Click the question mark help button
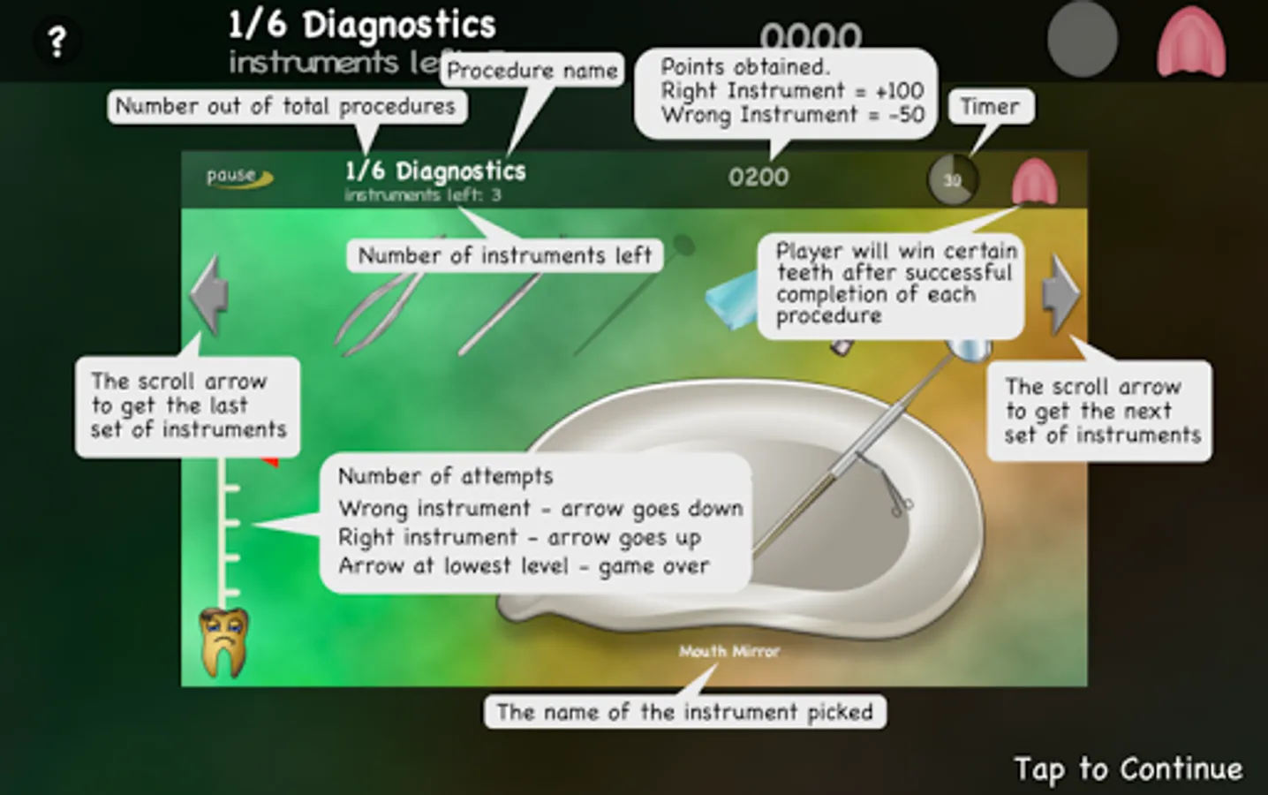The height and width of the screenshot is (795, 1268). tap(57, 41)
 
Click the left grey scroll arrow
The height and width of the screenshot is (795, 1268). tap(210, 295)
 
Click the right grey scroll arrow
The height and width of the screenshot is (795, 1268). tap(1060, 295)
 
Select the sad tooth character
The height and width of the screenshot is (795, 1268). tap(223, 641)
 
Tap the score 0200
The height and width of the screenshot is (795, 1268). tap(759, 178)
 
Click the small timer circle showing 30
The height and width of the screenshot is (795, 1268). tap(952, 180)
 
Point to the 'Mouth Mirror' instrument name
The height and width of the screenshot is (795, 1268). tap(728, 652)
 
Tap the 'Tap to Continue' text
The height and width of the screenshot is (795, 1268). tap(1128, 768)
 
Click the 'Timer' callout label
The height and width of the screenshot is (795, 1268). tap(990, 107)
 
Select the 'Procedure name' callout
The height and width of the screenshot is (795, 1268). tap(532, 71)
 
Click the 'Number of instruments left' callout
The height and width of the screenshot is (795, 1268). tap(504, 256)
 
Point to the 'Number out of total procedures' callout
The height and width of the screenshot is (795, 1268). tap(286, 107)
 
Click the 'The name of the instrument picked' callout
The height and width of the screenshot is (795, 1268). tap(684, 712)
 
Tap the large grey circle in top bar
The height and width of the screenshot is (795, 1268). tap(1082, 40)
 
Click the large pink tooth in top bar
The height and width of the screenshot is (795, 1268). tap(1191, 42)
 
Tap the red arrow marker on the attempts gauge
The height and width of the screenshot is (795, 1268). tap(272, 461)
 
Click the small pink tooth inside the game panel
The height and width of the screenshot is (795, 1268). tap(1034, 183)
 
